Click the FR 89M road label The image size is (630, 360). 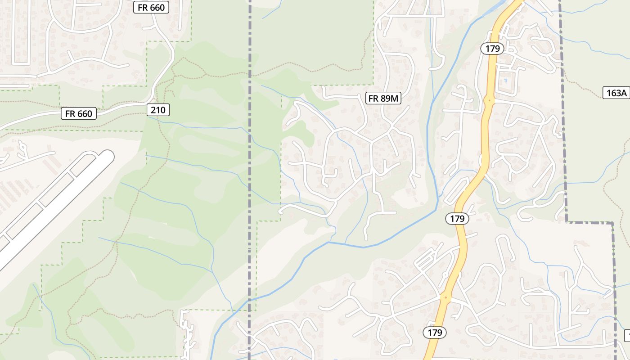tap(384, 99)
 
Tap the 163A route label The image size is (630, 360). tap(616, 93)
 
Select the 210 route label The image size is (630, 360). tap(158, 110)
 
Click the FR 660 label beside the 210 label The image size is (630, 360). tap(79, 114)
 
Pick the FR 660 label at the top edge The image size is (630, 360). tap(151, 7)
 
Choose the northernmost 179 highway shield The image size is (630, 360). tap(492, 49)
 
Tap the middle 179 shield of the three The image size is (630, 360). tap(457, 219)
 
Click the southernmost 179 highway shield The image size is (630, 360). tap(435, 333)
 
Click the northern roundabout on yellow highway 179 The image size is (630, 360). tap(489, 100)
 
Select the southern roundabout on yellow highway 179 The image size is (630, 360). tap(445, 297)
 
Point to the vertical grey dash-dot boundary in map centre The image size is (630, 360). tap(249, 180)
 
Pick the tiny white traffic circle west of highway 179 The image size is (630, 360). tap(445, 274)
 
